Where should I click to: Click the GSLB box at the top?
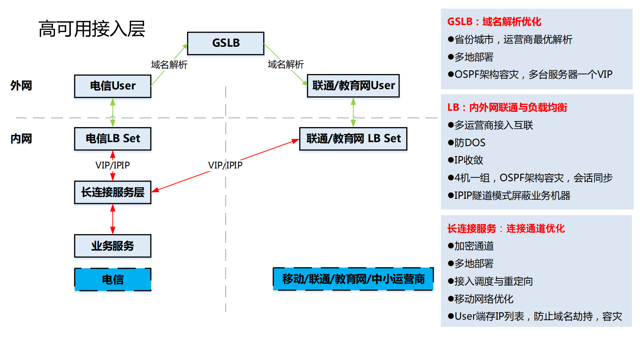click(x=225, y=43)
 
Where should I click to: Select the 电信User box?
click(x=113, y=86)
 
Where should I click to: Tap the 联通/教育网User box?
click(x=353, y=86)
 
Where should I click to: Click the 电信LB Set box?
click(x=113, y=138)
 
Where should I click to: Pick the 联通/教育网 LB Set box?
click(x=353, y=138)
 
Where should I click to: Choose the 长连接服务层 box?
click(x=113, y=192)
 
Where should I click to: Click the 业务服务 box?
click(x=113, y=246)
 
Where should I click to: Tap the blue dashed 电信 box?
click(x=113, y=279)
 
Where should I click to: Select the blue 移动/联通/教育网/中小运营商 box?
click(x=353, y=279)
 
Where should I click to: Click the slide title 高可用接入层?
click(x=92, y=29)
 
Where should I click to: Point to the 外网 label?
click(x=21, y=86)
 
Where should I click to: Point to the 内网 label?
click(x=21, y=138)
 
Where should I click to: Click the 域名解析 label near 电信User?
click(x=169, y=65)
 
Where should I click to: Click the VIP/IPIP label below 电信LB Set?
click(x=112, y=165)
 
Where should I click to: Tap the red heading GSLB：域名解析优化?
click(x=494, y=22)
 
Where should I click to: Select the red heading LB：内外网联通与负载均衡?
click(x=507, y=107)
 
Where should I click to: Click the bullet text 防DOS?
click(x=470, y=143)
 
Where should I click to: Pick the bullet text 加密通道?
click(x=474, y=246)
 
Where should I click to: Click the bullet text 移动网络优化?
click(x=484, y=299)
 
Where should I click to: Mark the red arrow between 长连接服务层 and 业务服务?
click(x=113, y=219)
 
